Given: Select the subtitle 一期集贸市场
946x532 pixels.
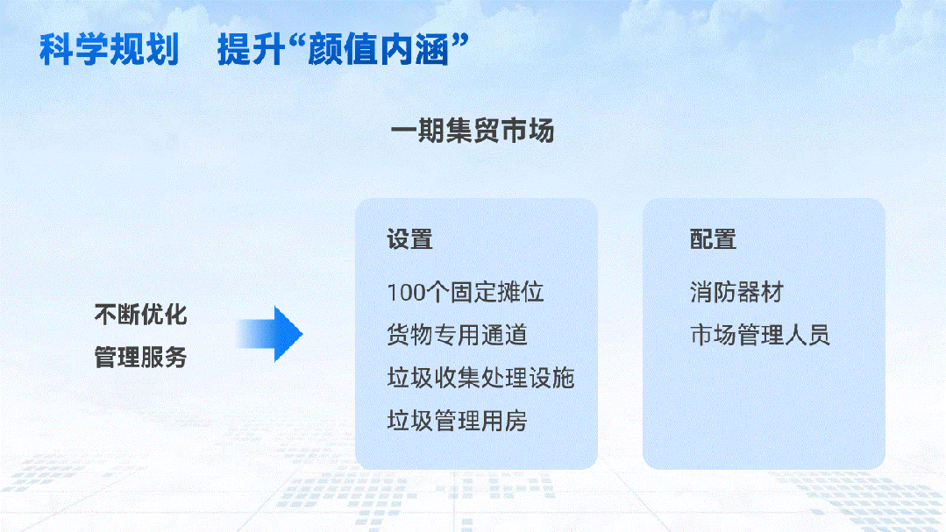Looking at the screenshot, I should pyautogui.click(x=473, y=131).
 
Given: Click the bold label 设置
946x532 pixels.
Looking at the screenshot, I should pyautogui.click(x=409, y=239).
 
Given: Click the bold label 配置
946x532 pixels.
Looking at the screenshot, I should pyautogui.click(x=713, y=239).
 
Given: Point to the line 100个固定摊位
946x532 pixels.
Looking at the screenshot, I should pyautogui.click(x=465, y=292).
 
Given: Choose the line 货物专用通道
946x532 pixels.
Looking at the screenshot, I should pyautogui.click(x=457, y=335).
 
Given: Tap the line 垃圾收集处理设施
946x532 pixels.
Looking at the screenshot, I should pyautogui.click(x=480, y=378).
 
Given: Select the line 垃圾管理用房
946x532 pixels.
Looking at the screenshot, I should pyautogui.click(x=457, y=421).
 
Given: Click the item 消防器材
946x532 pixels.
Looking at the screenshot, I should pyautogui.click(x=736, y=292).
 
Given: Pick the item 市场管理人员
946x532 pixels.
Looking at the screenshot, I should pyautogui.click(x=759, y=335).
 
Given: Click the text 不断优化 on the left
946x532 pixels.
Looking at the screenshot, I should pyautogui.click(x=140, y=315).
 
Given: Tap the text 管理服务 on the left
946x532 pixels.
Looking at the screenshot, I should pyautogui.click(x=140, y=358).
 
